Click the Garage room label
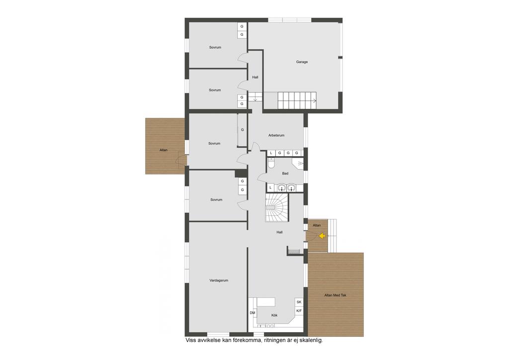(302, 62)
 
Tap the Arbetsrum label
(276, 135)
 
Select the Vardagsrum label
(219, 280)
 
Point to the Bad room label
(285, 174)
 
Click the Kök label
(274, 315)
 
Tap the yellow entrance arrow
(322, 236)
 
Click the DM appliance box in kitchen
(253, 313)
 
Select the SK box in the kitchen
(299, 302)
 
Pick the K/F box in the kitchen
(299, 311)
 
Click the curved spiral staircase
(276, 208)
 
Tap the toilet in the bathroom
(271, 163)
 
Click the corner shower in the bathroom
(298, 163)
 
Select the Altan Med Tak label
(336, 295)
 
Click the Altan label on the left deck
(164, 150)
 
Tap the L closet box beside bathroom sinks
(270, 187)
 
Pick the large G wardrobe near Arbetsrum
(242, 130)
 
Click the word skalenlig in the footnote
(312, 341)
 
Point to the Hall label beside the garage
(255, 78)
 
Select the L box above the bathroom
(271, 153)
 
